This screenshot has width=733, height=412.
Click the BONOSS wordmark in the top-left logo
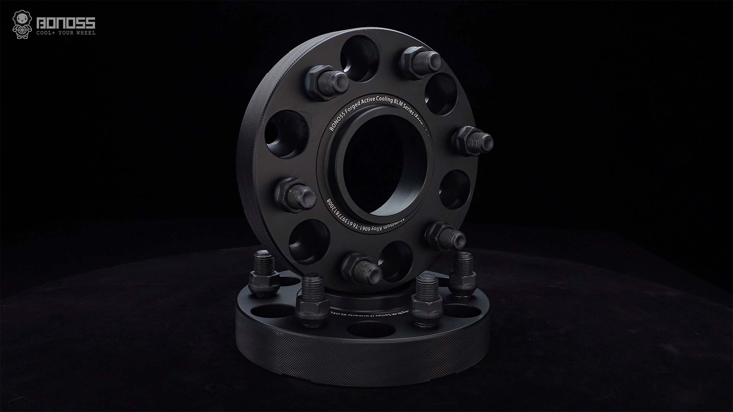click(65, 24)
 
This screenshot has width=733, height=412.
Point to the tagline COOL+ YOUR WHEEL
click(66, 33)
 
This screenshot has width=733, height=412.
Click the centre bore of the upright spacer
click(384, 168)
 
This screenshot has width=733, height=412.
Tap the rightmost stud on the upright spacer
click(475, 140)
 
